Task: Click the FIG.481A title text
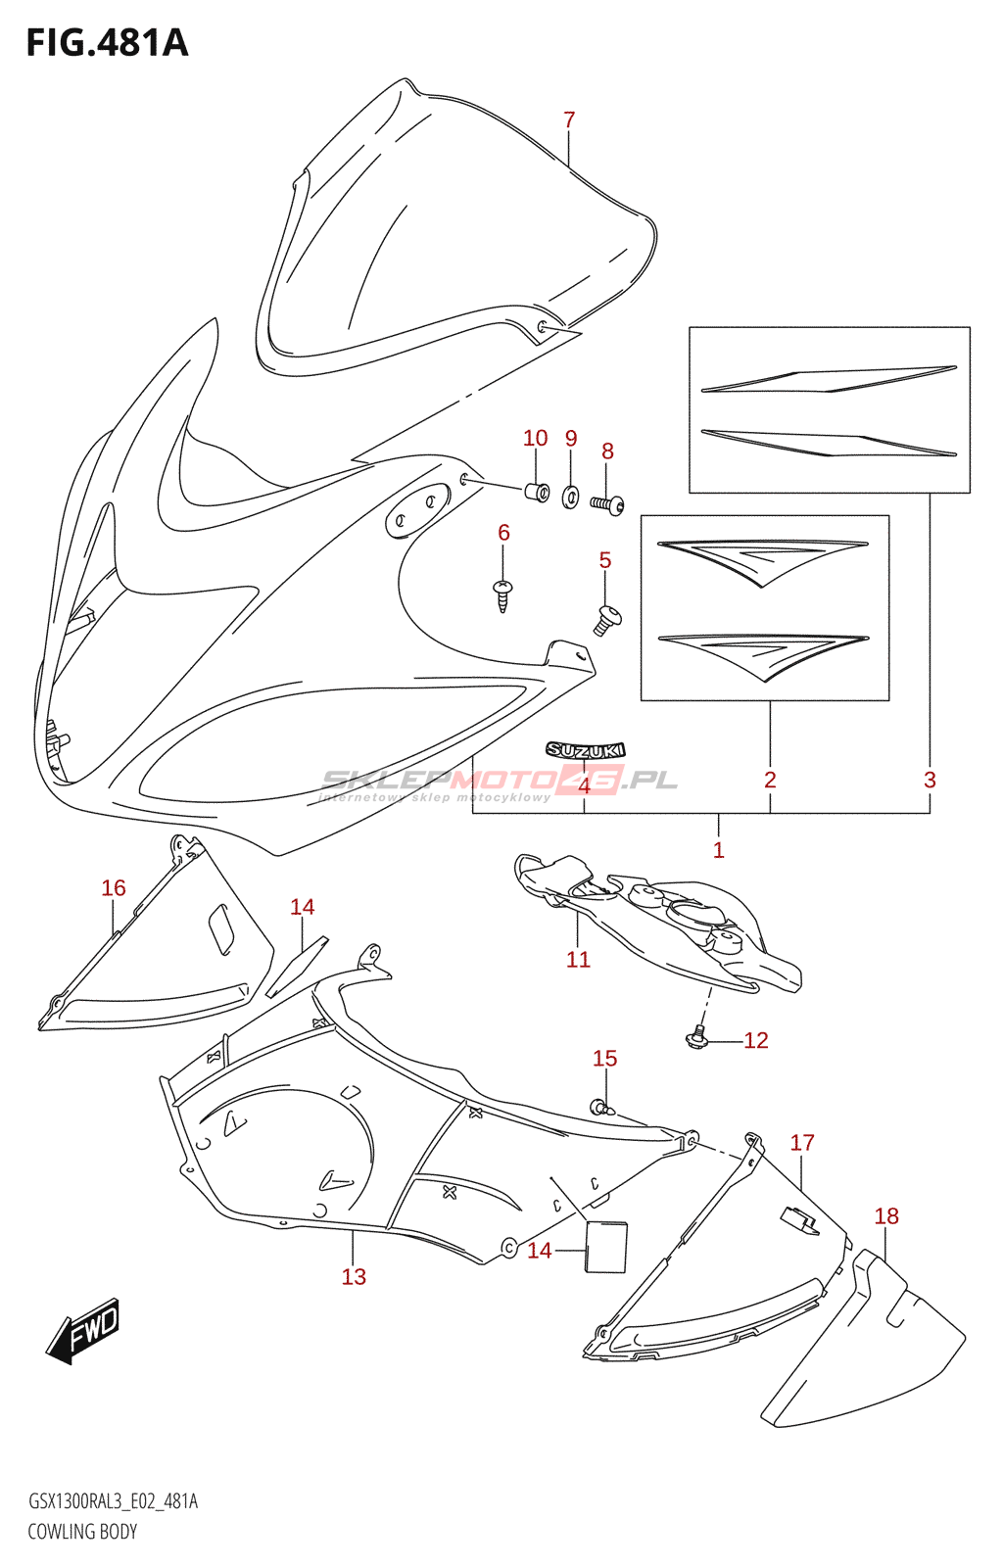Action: point(107,43)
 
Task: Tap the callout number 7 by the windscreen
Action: point(569,119)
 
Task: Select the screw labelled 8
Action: point(607,503)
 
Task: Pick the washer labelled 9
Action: point(571,497)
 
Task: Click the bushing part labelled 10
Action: point(538,490)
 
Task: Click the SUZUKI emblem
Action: point(586,750)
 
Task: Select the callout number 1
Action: point(718,850)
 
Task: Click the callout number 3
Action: point(930,780)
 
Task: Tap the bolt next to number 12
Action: point(697,1037)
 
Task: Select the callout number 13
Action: point(354,1276)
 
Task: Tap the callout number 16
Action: point(114,887)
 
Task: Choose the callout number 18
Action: point(886,1215)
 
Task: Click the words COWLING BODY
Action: point(82,1532)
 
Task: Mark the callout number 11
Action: point(578,960)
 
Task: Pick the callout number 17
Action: point(802,1142)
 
